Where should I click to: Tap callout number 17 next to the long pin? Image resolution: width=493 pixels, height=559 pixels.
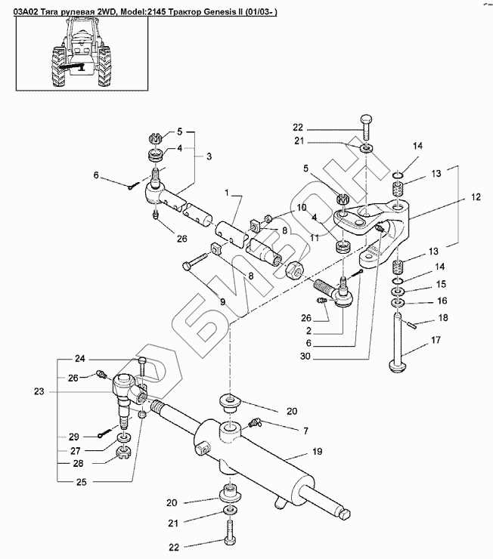436,341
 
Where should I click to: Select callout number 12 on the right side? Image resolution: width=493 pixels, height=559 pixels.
475,196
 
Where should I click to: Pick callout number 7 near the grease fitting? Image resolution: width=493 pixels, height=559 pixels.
305,431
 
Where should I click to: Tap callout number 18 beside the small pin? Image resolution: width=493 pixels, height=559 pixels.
443,319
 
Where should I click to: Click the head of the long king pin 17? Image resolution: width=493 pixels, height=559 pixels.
397,368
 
